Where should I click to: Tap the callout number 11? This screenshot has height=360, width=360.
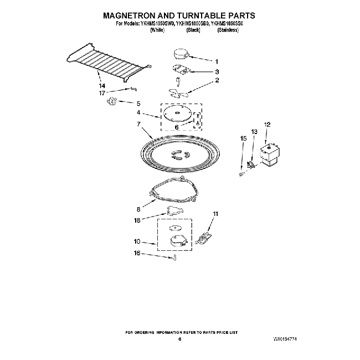[x=216, y=213]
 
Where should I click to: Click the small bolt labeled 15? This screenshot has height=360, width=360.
[x=241, y=173]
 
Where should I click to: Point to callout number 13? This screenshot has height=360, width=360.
[x=254, y=131]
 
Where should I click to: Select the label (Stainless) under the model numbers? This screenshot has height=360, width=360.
[x=227, y=30]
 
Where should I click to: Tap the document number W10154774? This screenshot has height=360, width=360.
[x=289, y=337]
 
